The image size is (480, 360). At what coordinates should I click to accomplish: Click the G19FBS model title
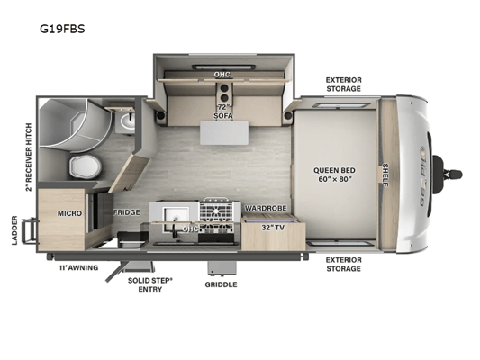coord(62,29)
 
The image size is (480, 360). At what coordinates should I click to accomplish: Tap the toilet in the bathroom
coord(85,166)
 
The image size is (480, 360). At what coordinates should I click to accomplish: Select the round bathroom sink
coord(128,121)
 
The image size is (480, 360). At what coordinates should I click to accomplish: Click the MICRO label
coord(70,213)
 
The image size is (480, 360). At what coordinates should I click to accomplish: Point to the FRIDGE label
coord(126,212)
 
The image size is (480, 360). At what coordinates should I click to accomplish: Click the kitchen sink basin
coord(176,217)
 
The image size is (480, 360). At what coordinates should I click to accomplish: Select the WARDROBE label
coord(266,208)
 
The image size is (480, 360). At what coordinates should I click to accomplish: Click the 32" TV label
coord(273,228)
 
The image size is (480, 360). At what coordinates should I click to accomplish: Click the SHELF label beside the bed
coord(385,175)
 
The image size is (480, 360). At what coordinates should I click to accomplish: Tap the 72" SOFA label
coord(223,112)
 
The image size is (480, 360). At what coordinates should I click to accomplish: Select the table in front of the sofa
coord(224,132)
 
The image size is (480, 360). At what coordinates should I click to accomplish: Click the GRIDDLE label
coord(221,284)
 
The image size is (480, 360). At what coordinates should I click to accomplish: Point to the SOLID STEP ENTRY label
coord(150,284)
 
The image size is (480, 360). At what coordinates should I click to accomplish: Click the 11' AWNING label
coord(78,267)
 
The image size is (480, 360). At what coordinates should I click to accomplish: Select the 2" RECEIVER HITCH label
coord(29,157)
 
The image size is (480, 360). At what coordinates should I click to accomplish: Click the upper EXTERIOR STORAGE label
coord(343,85)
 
